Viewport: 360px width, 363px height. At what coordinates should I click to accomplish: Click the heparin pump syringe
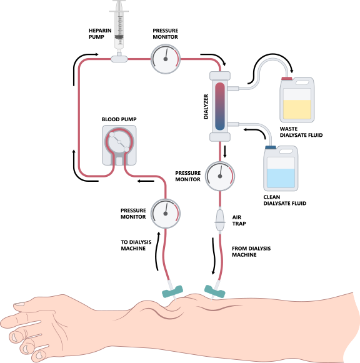119,26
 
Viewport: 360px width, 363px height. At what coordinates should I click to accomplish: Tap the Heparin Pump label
100,34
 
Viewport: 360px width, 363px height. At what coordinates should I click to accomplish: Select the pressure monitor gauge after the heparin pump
166,59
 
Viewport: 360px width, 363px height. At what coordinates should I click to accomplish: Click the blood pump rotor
119,142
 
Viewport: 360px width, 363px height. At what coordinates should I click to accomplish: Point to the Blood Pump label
119,119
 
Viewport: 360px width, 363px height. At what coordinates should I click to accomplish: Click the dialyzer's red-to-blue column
220,106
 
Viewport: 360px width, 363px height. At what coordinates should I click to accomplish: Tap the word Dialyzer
206,106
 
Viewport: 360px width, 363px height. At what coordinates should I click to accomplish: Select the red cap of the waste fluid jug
287,79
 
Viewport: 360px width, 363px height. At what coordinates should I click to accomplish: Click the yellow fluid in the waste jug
297,109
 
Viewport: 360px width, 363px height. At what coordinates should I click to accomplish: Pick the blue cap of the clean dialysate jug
271,147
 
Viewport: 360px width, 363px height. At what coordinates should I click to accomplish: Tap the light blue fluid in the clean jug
281,178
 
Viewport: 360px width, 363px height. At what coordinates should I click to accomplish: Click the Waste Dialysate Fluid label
301,132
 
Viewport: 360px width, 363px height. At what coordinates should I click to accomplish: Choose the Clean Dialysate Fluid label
285,201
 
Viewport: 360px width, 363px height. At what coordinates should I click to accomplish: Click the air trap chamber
220,220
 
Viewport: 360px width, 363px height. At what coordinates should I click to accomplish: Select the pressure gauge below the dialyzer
220,176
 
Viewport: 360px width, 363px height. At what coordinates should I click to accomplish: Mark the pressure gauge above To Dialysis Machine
166,214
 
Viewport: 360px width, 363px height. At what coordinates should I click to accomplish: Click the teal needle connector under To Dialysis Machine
172,292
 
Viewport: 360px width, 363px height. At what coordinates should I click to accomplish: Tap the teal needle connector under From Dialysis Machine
214,292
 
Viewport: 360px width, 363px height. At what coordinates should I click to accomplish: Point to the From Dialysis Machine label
251,252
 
